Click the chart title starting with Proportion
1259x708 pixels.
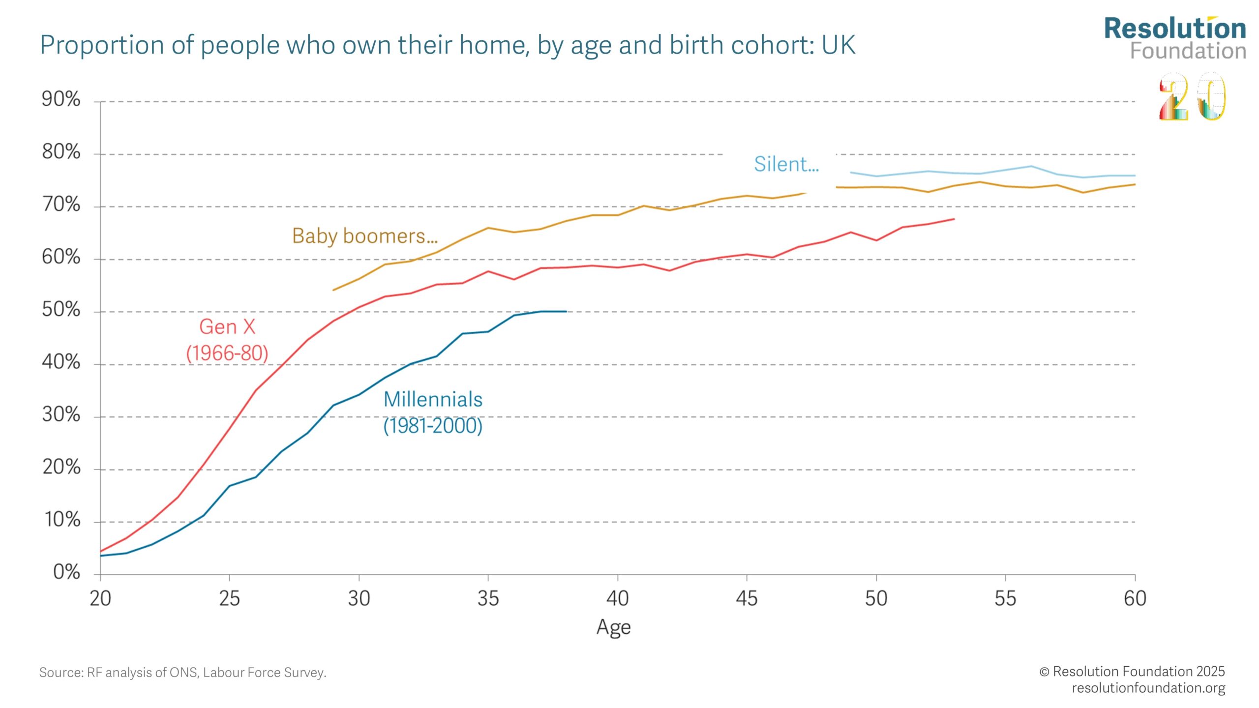tap(448, 46)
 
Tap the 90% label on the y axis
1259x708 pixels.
tap(61, 99)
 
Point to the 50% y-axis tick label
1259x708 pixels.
tap(61, 310)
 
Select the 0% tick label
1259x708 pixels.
tap(66, 572)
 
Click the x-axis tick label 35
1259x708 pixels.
tap(488, 598)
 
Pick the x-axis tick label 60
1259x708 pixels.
tap(1135, 598)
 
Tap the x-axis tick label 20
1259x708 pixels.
tap(100, 598)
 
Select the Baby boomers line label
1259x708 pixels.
tap(364, 236)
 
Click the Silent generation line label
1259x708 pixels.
tap(786, 164)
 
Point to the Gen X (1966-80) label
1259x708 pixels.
tap(227, 340)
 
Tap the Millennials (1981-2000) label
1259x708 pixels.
tap(433, 413)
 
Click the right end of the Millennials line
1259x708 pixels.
tap(566, 311)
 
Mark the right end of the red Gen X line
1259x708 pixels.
tap(954, 219)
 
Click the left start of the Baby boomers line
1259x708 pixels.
tap(333, 290)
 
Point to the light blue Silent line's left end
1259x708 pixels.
tap(851, 173)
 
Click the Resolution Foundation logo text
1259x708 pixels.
tap(1175, 38)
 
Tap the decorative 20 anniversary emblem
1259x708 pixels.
tap(1192, 97)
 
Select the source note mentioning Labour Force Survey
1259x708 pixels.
tap(183, 673)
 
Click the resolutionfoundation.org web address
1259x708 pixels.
tap(1148, 688)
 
